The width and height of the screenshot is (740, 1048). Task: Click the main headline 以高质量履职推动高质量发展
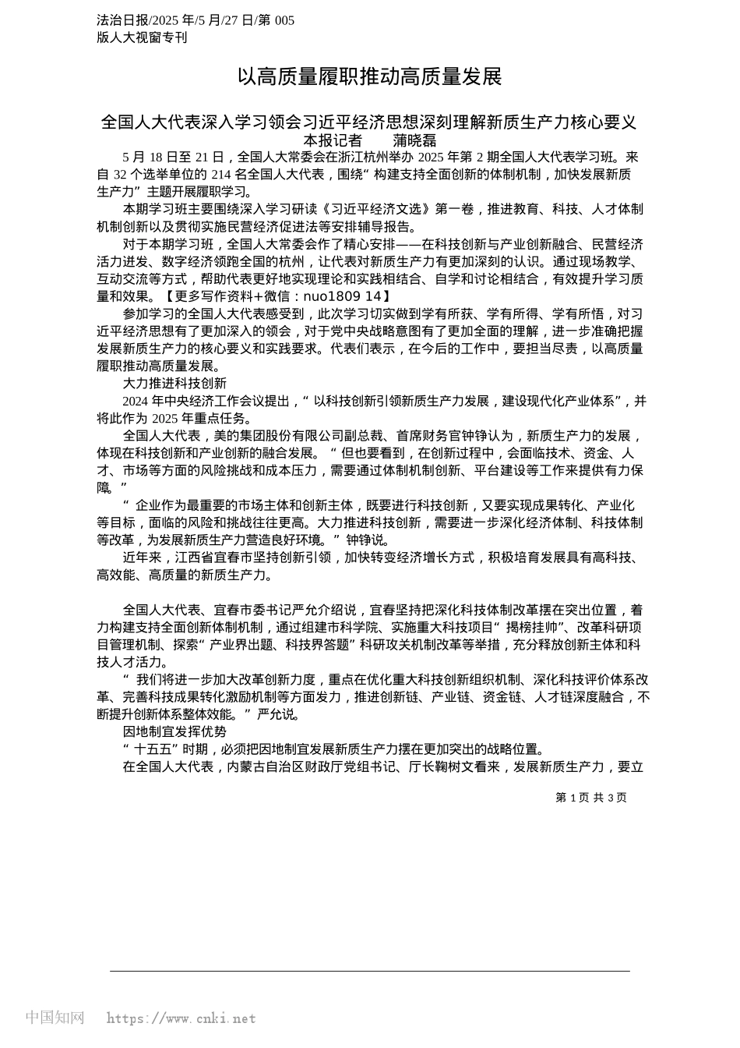click(x=370, y=76)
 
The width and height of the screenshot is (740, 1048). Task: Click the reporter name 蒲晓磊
click(x=414, y=140)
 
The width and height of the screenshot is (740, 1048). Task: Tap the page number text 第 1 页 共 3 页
click(x=591, y=797)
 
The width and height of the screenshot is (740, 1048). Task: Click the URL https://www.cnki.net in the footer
click(x=181, y=1018)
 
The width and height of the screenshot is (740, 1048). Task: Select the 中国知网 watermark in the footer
click(x=55, y=1018)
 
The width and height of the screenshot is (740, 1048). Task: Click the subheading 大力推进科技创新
click(x=174, y=383)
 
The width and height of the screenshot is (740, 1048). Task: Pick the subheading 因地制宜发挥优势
click(x=174, y=731)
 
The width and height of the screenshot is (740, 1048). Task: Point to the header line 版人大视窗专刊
click(x=142, y=37)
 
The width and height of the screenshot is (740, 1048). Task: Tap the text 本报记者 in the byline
click(x=333, y=140)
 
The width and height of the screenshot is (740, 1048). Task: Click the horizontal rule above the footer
click(x=370, y=971)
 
